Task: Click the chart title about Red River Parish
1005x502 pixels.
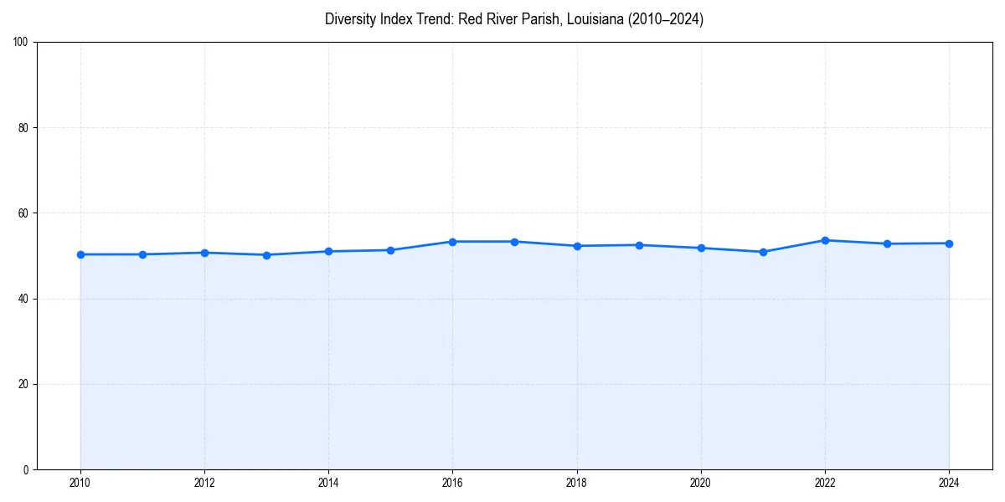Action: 514,19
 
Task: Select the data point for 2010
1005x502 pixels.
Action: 80,254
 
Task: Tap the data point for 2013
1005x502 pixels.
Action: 266,255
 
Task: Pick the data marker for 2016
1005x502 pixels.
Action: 452,242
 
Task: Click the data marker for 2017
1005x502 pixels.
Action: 514,242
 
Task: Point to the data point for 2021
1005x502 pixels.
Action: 763,252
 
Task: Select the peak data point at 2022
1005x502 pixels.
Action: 825,240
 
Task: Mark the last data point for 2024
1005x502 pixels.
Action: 949,243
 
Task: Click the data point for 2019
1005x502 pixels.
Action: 639,245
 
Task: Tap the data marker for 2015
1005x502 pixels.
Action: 390,250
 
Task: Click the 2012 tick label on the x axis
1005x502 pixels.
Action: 204,483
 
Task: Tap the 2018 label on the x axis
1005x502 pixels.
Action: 576,483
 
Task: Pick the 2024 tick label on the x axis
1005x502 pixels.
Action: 949,483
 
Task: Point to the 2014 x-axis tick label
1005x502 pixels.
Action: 328,483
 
